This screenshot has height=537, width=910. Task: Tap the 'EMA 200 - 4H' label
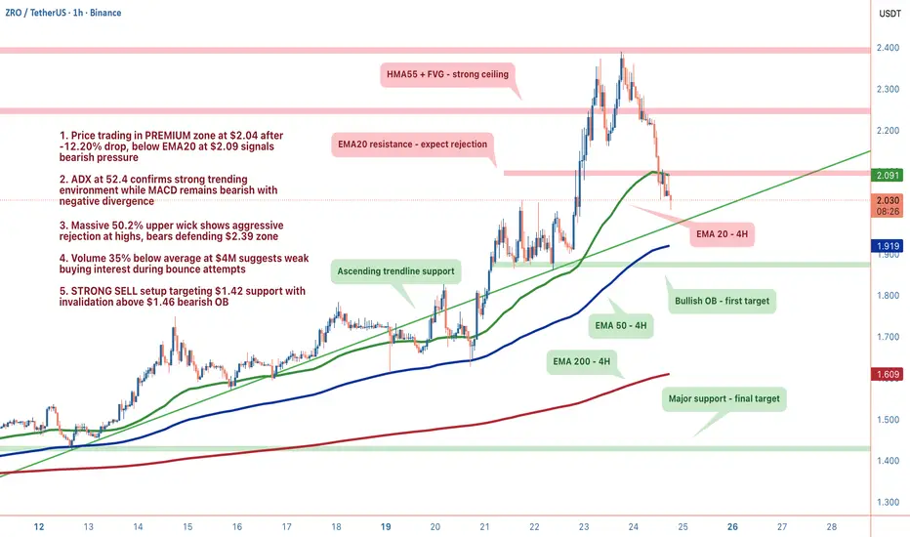pos(581,361)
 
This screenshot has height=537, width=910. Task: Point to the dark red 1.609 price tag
pos(889,374)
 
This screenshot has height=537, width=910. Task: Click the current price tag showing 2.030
pos(889,200)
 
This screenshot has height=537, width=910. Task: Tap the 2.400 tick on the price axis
pos(889,49)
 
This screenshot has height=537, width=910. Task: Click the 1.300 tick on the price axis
pos(889,502)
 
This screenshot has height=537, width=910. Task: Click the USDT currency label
pos(889,14)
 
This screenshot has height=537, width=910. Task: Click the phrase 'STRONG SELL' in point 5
pos(105,290)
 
